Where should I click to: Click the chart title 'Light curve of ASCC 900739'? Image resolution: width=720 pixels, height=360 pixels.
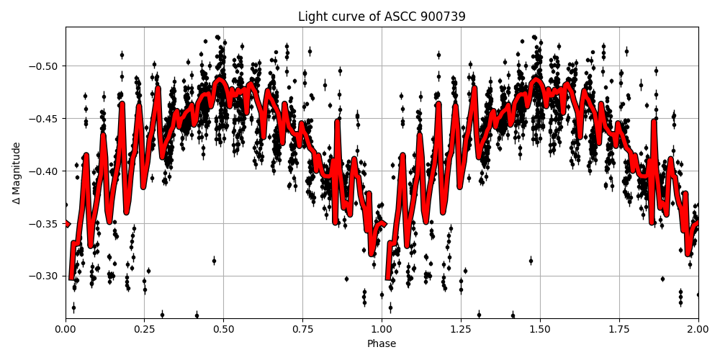click(x=382, y=17)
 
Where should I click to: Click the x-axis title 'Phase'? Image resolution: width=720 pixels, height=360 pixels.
click(x=382, y=344)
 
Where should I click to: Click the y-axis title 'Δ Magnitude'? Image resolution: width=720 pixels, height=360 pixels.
click(x=17, y=173)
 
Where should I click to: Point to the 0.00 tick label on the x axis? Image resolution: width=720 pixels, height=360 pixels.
click(x=66, y=329)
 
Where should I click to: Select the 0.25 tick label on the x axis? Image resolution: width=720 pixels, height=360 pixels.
click(x=145, y=329)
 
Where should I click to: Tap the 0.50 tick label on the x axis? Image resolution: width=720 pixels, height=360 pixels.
click(x=223, y=329)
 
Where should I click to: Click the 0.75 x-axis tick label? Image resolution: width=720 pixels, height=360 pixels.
click(x=302, y=329)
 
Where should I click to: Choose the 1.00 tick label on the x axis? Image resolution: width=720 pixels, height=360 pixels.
click(x=382, y=329)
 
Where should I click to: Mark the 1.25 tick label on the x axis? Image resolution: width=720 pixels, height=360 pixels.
click(x=461, y=329)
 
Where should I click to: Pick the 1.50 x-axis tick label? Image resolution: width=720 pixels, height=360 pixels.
click(x=540, y=329)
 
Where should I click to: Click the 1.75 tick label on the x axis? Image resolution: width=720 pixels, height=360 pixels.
click(x=619, y=329)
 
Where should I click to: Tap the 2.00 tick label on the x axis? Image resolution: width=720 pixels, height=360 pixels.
click(x=698, y=329)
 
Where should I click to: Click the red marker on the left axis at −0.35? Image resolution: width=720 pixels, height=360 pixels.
click(x=67, y=224)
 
